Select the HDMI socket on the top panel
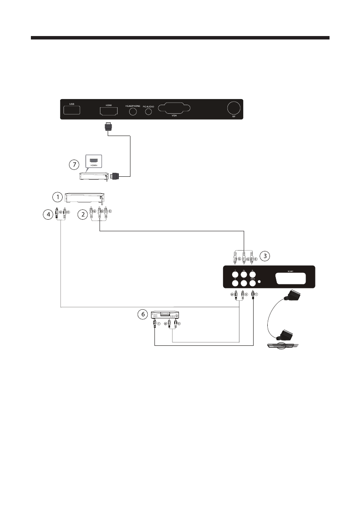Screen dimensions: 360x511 point(109,112)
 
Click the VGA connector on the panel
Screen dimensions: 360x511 point(175,109)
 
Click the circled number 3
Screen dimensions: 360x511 point(266,256)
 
